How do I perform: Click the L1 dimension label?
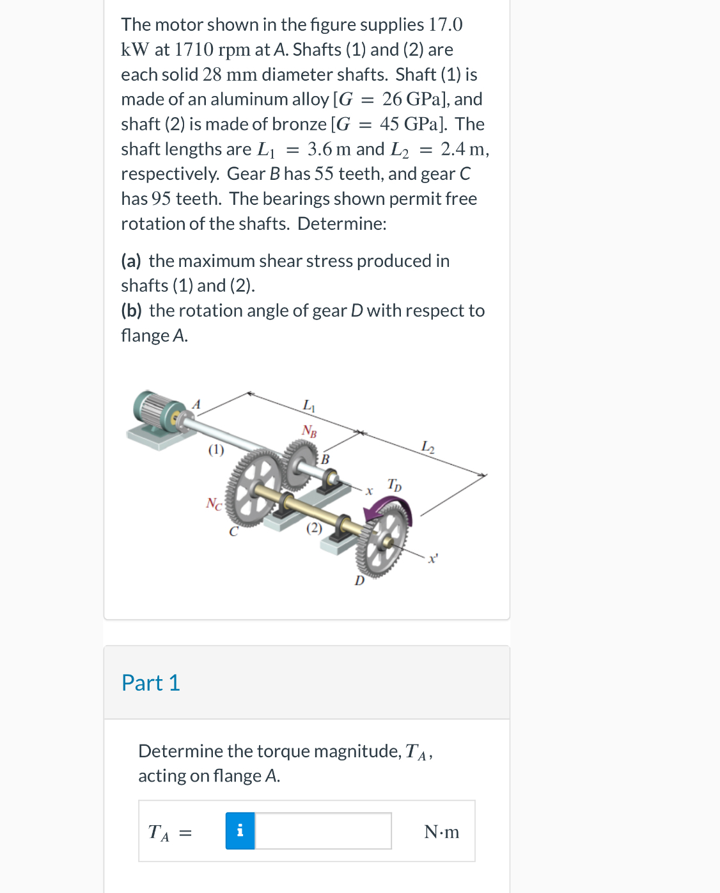[309, 405]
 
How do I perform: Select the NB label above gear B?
[309, 430]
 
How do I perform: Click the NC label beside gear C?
[214, 504]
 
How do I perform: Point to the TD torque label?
[395, 485]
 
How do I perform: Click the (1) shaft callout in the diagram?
[216, 450]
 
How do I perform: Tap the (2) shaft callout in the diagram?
[314, 528]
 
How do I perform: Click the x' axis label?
[433, 559]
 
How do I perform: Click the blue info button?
[240, 831]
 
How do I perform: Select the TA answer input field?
[323, 831]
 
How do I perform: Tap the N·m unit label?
[441, 832]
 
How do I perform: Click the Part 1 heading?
[151, 683]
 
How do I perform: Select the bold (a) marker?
[131, 261]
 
